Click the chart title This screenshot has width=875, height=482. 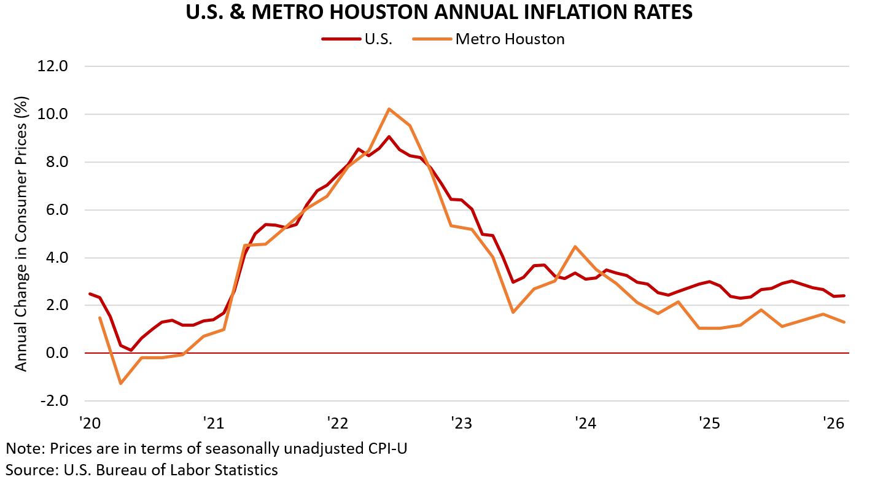(x=439, y=12)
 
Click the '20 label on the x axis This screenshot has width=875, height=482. (x=89, y=423)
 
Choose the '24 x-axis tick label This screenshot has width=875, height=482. (x=585, y=423)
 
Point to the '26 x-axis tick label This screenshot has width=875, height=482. (x=833, y=423)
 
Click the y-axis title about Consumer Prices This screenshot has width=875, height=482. (x=21, y=233)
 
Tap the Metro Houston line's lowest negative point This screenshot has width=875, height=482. (x=120, y=384)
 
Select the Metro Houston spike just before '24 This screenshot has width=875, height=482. (x=575, y=246)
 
